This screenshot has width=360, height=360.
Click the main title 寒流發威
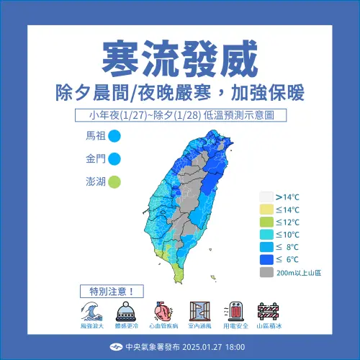coord(179,56)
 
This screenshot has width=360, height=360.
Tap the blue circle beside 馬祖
coord(114,135)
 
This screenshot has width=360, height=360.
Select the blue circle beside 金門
coord(114,159)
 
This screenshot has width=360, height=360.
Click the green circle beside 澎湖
coord(114,183)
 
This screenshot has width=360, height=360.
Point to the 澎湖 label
coord(95,183)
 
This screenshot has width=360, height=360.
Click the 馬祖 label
coord(95,135)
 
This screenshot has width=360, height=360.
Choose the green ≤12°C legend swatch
coord(266,221)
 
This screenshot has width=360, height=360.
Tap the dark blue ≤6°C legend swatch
coord(266,260)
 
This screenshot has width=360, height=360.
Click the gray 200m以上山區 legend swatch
coord(266,273)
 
